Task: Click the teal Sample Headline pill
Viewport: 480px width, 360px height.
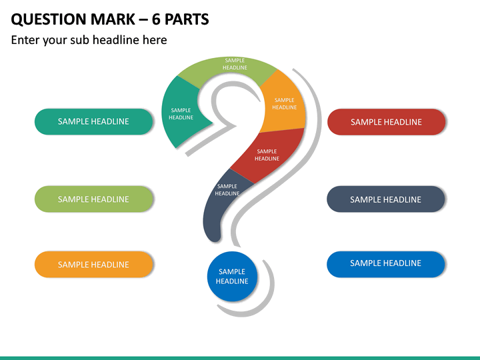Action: [x=93, y=121]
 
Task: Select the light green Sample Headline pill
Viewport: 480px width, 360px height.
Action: [x=93, y=199]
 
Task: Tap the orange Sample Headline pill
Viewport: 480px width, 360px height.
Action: [x=93, y=265]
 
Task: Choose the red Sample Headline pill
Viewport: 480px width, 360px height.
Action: [x=386, y=122]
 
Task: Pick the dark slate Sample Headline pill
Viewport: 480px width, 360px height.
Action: [x=386, y=199]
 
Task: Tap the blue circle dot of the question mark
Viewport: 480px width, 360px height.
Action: [x=232, y=277]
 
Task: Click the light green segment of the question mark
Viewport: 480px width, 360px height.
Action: [x=229, y=69]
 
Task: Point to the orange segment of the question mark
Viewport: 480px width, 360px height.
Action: [x=284, y=104]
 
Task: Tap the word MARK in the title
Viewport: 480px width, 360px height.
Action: [x=113, y=19]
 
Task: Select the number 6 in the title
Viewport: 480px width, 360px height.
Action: [x=156, y=19]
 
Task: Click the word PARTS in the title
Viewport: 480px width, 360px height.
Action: [x=187, y=19]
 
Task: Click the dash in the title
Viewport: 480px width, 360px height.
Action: [x=143, y=20]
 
